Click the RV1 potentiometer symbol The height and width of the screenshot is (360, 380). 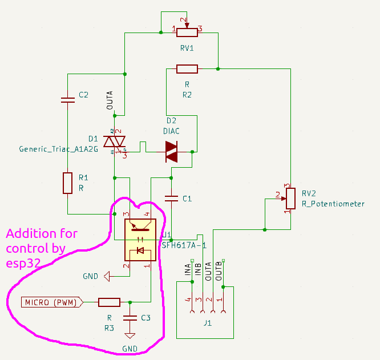[x=187, y=30]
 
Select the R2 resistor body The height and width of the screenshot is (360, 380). [x=187, y=69]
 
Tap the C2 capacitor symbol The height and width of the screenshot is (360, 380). [x=67, y=100]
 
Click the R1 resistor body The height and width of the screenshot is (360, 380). [x=67, y=183]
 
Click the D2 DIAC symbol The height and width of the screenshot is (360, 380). [x=172, y=151]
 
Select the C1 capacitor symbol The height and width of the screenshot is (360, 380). [x=171, y=199]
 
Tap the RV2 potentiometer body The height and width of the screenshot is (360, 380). [x=290, y=197]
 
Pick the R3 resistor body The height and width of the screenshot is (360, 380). [x=109, y=302]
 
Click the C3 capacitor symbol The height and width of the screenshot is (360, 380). [x=130, y=317]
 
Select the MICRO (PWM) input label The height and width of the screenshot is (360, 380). [x=51, y=302]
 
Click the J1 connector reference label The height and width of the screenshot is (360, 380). [x=208, y=323]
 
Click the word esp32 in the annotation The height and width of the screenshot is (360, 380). [x=23, y=264]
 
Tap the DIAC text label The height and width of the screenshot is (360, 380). [x=171, y=131]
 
